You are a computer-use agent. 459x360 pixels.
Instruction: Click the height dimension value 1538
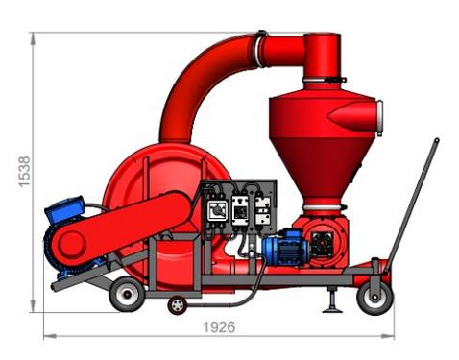(24, 172)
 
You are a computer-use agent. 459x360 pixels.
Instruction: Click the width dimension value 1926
(219, 327)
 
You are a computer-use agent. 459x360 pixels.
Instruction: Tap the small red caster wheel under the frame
(177, 305)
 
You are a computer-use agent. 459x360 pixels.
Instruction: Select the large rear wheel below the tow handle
(374, 299)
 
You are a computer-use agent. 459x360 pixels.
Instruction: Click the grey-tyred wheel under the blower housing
(127, 294)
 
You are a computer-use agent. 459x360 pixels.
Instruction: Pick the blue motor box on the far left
(64, 209)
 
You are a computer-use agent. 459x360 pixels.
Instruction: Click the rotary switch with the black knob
(218, 210)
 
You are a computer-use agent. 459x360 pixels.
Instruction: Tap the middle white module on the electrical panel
(240, 210)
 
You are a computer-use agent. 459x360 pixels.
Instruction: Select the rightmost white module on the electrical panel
(263, 210)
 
